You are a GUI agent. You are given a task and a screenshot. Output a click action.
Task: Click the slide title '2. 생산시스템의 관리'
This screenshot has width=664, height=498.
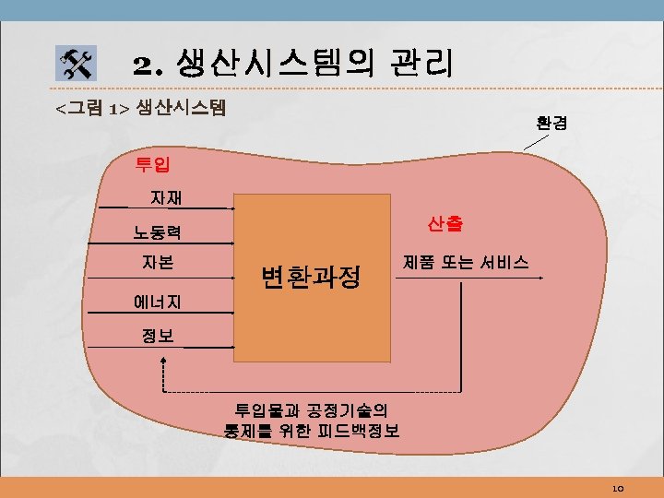click(292, 63)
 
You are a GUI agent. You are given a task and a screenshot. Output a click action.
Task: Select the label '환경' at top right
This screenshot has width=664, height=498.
click(551, 121)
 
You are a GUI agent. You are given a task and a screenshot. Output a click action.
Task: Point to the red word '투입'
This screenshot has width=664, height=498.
click(152, 165)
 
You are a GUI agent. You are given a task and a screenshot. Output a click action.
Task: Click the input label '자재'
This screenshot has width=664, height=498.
click(167, 196)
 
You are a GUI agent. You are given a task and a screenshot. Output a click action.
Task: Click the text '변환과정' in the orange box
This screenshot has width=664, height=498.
click(310, 275)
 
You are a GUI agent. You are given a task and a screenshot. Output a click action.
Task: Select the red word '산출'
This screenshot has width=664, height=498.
click(445, 223)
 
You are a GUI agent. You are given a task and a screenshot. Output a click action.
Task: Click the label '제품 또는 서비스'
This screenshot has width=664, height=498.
click(466, 262)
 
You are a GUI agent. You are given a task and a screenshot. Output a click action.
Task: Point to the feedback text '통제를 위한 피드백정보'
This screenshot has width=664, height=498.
click(312, 431)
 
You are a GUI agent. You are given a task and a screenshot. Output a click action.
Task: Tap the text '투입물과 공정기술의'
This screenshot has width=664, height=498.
click(312, 409)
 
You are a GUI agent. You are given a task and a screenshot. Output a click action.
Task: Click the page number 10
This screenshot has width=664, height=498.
click(618, 487)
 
